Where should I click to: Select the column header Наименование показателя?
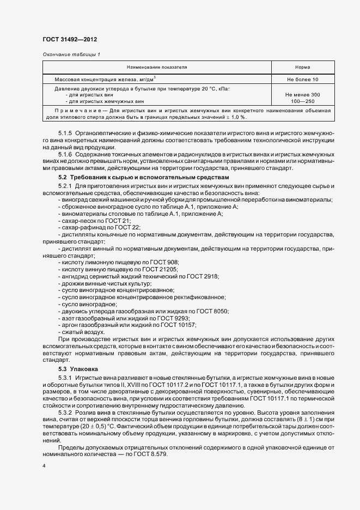point(157,67)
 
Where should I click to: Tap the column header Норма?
point(303,67)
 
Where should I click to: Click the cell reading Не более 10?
point(303,80)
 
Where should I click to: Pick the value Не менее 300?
point(303,95)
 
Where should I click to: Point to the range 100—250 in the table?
point(303,101)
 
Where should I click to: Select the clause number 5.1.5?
point(66,132)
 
